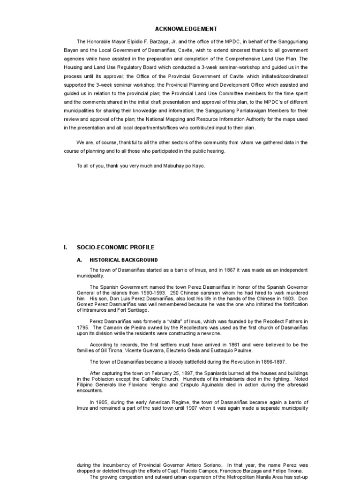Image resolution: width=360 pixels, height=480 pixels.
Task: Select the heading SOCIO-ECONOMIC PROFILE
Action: [x=115, y=247]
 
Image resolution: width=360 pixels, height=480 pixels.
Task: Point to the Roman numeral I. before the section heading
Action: [x=66, y=247]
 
